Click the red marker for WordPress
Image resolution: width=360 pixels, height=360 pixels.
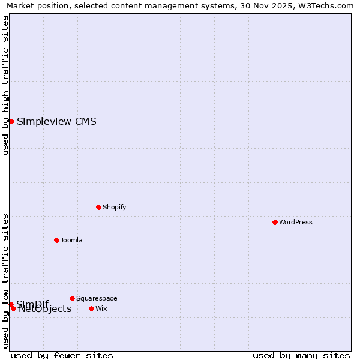tap(275, 222)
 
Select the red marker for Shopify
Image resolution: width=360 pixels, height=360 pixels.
tap(98, 207)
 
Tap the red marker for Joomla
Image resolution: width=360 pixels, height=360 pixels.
tap(56, 240)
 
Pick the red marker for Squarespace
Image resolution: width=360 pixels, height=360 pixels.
tap(72, 298)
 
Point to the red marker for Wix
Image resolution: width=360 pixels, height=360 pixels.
tap(91, 308)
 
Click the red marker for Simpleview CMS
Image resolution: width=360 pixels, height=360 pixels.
tap(11, 121)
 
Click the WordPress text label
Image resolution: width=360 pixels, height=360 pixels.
tap(296, 222)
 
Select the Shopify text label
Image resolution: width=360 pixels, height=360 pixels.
tap(114, 207)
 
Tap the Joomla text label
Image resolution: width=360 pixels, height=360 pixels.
tap(71, 240)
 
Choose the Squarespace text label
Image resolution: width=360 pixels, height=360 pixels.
tap(97, 298)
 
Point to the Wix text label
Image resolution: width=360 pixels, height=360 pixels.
tap(101, 308)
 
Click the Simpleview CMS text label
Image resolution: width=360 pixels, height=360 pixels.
tap(56, 122)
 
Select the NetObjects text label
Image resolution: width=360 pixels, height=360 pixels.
tap(45, 309)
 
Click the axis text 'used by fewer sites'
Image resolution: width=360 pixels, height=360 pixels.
tap(62, 355)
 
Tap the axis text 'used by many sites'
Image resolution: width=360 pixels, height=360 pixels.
tap(301, 355)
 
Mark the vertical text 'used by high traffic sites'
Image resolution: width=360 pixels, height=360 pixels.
tap(5, 85)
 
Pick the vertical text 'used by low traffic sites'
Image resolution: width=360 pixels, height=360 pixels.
tap(5, 280)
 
